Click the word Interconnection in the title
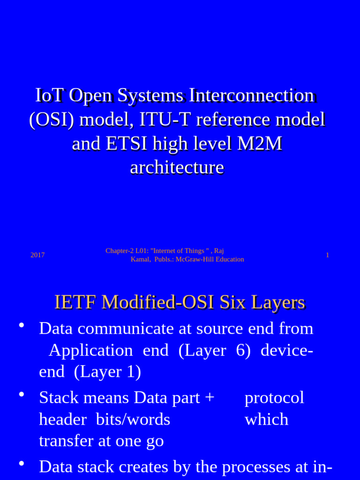click(x=252, y=95)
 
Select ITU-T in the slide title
click(x=164, y=120)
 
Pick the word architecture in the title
click(x=177, y=167)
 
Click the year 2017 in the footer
click(x=37, y=255)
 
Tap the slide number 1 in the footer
click(x=327, y=255)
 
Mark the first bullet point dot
click(x=21, y=325)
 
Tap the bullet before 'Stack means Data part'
click(x=21, y=394)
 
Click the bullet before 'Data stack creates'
click(x=21, y=463)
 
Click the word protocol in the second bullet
click(x=274, y=397)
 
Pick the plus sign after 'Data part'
click(x=210, y=397)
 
